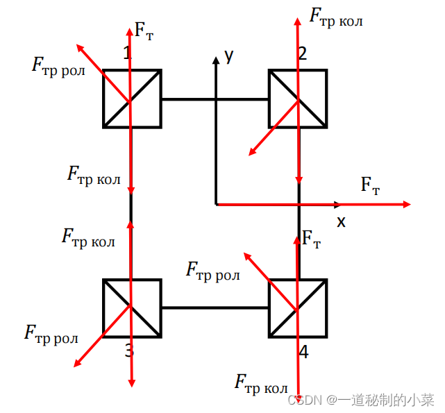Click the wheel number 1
(126, 53)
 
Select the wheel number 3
(128, 351)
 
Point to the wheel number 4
(303, 352)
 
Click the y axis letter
(228, 56)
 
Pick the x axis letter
(341, 221)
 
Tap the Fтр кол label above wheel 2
(336, 17)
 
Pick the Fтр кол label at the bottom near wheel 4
(261, 383)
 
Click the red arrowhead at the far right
(407, 204)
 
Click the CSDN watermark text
(360, 400)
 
